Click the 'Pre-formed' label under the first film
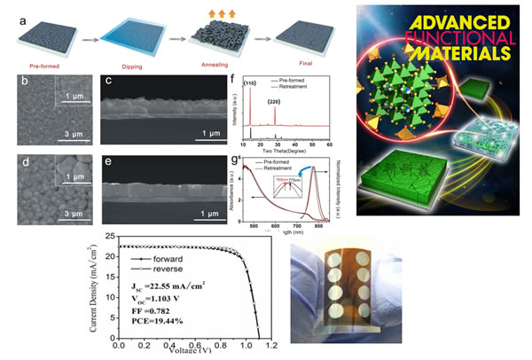(x=43, y=64)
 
